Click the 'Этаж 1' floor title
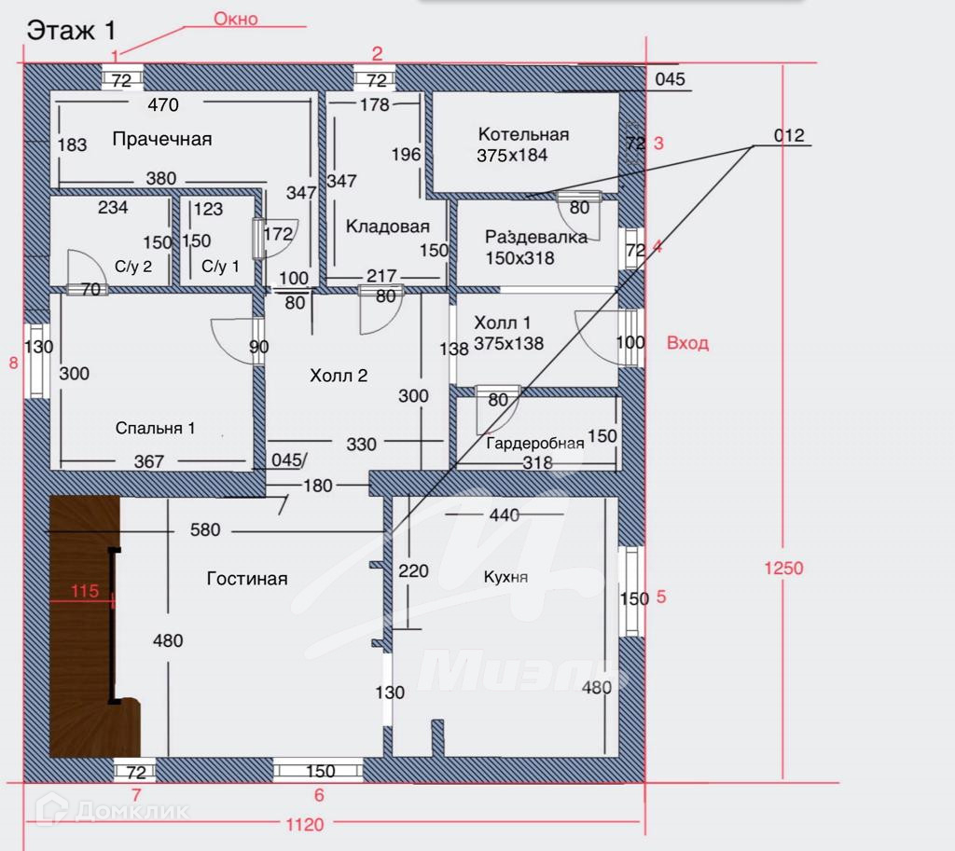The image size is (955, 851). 71,31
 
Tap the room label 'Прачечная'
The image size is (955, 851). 162,140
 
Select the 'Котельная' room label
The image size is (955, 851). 524,134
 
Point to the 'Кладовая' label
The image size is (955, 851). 388,226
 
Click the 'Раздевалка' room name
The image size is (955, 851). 536,236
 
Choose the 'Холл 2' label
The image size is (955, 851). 339,376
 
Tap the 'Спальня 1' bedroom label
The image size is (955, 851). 156,428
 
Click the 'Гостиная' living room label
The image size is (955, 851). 247,578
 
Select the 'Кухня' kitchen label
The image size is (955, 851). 505,576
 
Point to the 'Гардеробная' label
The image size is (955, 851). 534,443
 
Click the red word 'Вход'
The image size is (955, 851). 687,343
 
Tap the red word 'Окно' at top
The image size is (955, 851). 236,19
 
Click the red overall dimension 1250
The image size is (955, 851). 783,568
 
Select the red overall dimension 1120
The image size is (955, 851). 305,825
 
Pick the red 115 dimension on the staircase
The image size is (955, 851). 85,591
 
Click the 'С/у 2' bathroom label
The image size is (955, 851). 133,267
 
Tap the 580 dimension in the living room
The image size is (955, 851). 205,529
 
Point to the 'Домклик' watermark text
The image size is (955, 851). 132,812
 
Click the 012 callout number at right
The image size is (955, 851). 789,135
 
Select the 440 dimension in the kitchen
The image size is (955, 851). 505,515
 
